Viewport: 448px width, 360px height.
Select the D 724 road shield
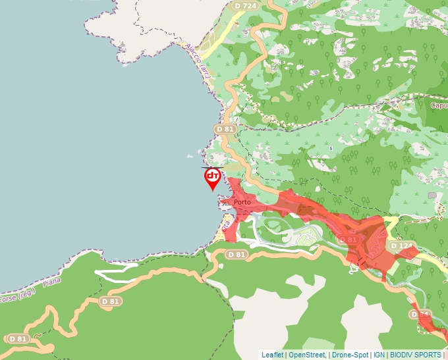(245, 6)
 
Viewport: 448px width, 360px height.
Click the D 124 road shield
(401, 245)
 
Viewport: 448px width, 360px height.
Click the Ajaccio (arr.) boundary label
(198, 63)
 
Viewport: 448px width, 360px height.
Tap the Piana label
(52, 282)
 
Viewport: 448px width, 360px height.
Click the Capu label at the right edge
(439, 105)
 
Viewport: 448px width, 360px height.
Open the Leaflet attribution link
(272, 355)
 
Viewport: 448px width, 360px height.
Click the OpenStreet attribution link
(307, 355)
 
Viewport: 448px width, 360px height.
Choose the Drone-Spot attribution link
(350, 355)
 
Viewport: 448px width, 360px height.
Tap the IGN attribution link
(379, 355)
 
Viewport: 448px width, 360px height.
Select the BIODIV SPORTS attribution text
(415, 355)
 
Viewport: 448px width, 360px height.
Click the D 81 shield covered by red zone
(350, 240)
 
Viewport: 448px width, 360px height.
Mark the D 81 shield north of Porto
(225, 130)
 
